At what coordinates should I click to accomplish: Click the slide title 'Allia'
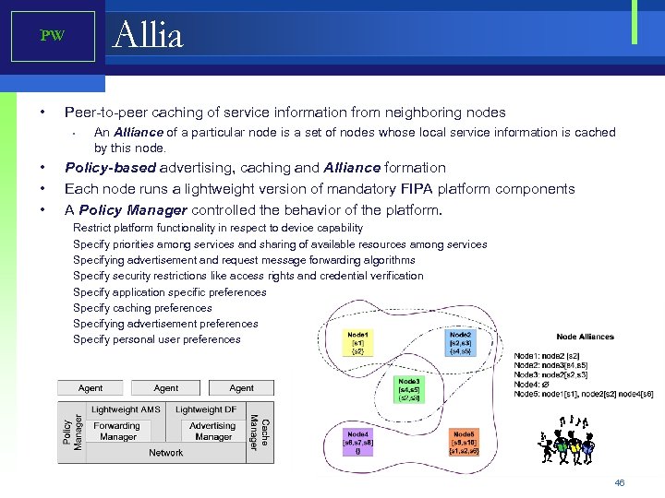pos(148,35)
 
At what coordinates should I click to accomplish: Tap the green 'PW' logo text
pos(52,36)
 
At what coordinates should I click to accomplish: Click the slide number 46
pos(620,482)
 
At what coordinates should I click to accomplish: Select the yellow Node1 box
pos(358,343)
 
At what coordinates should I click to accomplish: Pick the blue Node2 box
pos(460,343)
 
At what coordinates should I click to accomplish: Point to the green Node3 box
pos(408,390)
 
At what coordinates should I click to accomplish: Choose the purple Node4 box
pos(357,443)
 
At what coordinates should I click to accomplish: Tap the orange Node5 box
pos(462,443)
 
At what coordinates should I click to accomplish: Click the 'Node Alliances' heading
pos(585,337)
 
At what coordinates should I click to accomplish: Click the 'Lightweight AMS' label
pos(126,409)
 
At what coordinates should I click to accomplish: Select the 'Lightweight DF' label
pos(206,409)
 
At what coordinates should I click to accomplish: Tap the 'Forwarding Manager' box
pos(117,432)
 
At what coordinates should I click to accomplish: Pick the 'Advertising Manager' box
pos(212,432)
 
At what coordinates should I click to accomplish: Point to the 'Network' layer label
pos(166,453)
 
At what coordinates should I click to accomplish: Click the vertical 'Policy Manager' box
pos(73,432)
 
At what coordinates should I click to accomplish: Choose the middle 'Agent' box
pos(166,388)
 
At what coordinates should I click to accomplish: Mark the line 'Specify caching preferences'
pos(142,308)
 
